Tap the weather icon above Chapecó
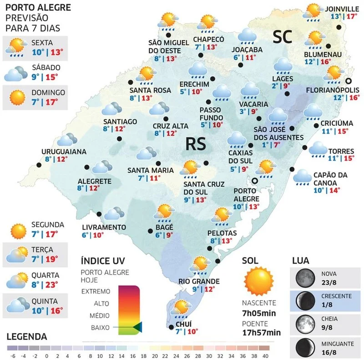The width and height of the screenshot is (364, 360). click(208, 21)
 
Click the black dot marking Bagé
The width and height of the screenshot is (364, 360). click(150, 230)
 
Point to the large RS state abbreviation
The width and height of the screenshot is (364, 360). click(196, 144)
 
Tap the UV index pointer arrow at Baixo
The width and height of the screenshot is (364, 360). click(139, 326)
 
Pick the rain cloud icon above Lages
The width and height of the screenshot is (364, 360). click(283, 65)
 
